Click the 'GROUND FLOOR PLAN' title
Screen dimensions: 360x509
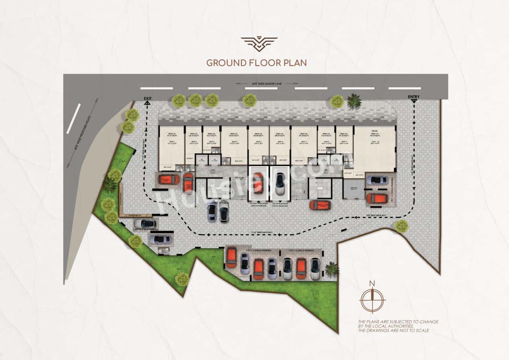coord(256,62)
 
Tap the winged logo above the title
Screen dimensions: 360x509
coord(259,44)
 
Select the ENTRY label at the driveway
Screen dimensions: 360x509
coord(414,97)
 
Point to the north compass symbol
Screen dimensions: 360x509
coord(372,300)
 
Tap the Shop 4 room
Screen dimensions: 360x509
coord(234,143)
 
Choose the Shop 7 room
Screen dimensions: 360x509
coord(303,143)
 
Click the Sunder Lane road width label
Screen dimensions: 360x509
coord(267,84)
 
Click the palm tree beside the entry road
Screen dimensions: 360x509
coord(354,101)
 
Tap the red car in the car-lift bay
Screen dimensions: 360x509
coord(258,183)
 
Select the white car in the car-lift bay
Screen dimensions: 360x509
coord(280,183)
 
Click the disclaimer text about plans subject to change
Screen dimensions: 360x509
coord(398,326)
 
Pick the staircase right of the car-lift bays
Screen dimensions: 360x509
coord(320,188)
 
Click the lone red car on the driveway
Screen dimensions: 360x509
coord(320,205)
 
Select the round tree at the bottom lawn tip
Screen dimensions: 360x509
coord(183,279)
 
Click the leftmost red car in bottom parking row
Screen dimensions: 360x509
coord(231,258)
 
